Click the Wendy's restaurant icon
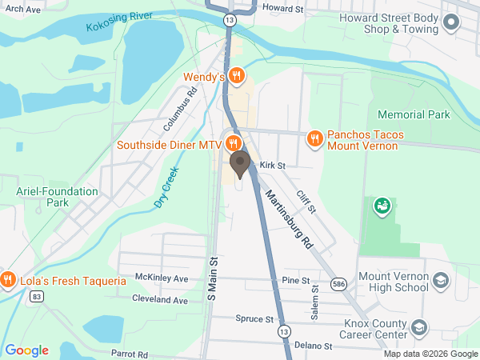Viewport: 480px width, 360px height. (235, 76)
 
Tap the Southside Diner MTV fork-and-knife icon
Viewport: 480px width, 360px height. (233, 145)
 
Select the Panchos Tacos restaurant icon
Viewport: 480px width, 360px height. (315, 138)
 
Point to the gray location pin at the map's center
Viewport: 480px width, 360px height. (239, 164)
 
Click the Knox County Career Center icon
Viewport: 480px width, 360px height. (419, 328)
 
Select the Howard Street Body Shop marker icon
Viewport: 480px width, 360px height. (451, 22)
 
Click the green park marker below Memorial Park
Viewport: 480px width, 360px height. (382, 206)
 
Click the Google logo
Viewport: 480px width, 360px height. (26, 350)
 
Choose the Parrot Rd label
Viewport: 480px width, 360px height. (130, 354)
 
